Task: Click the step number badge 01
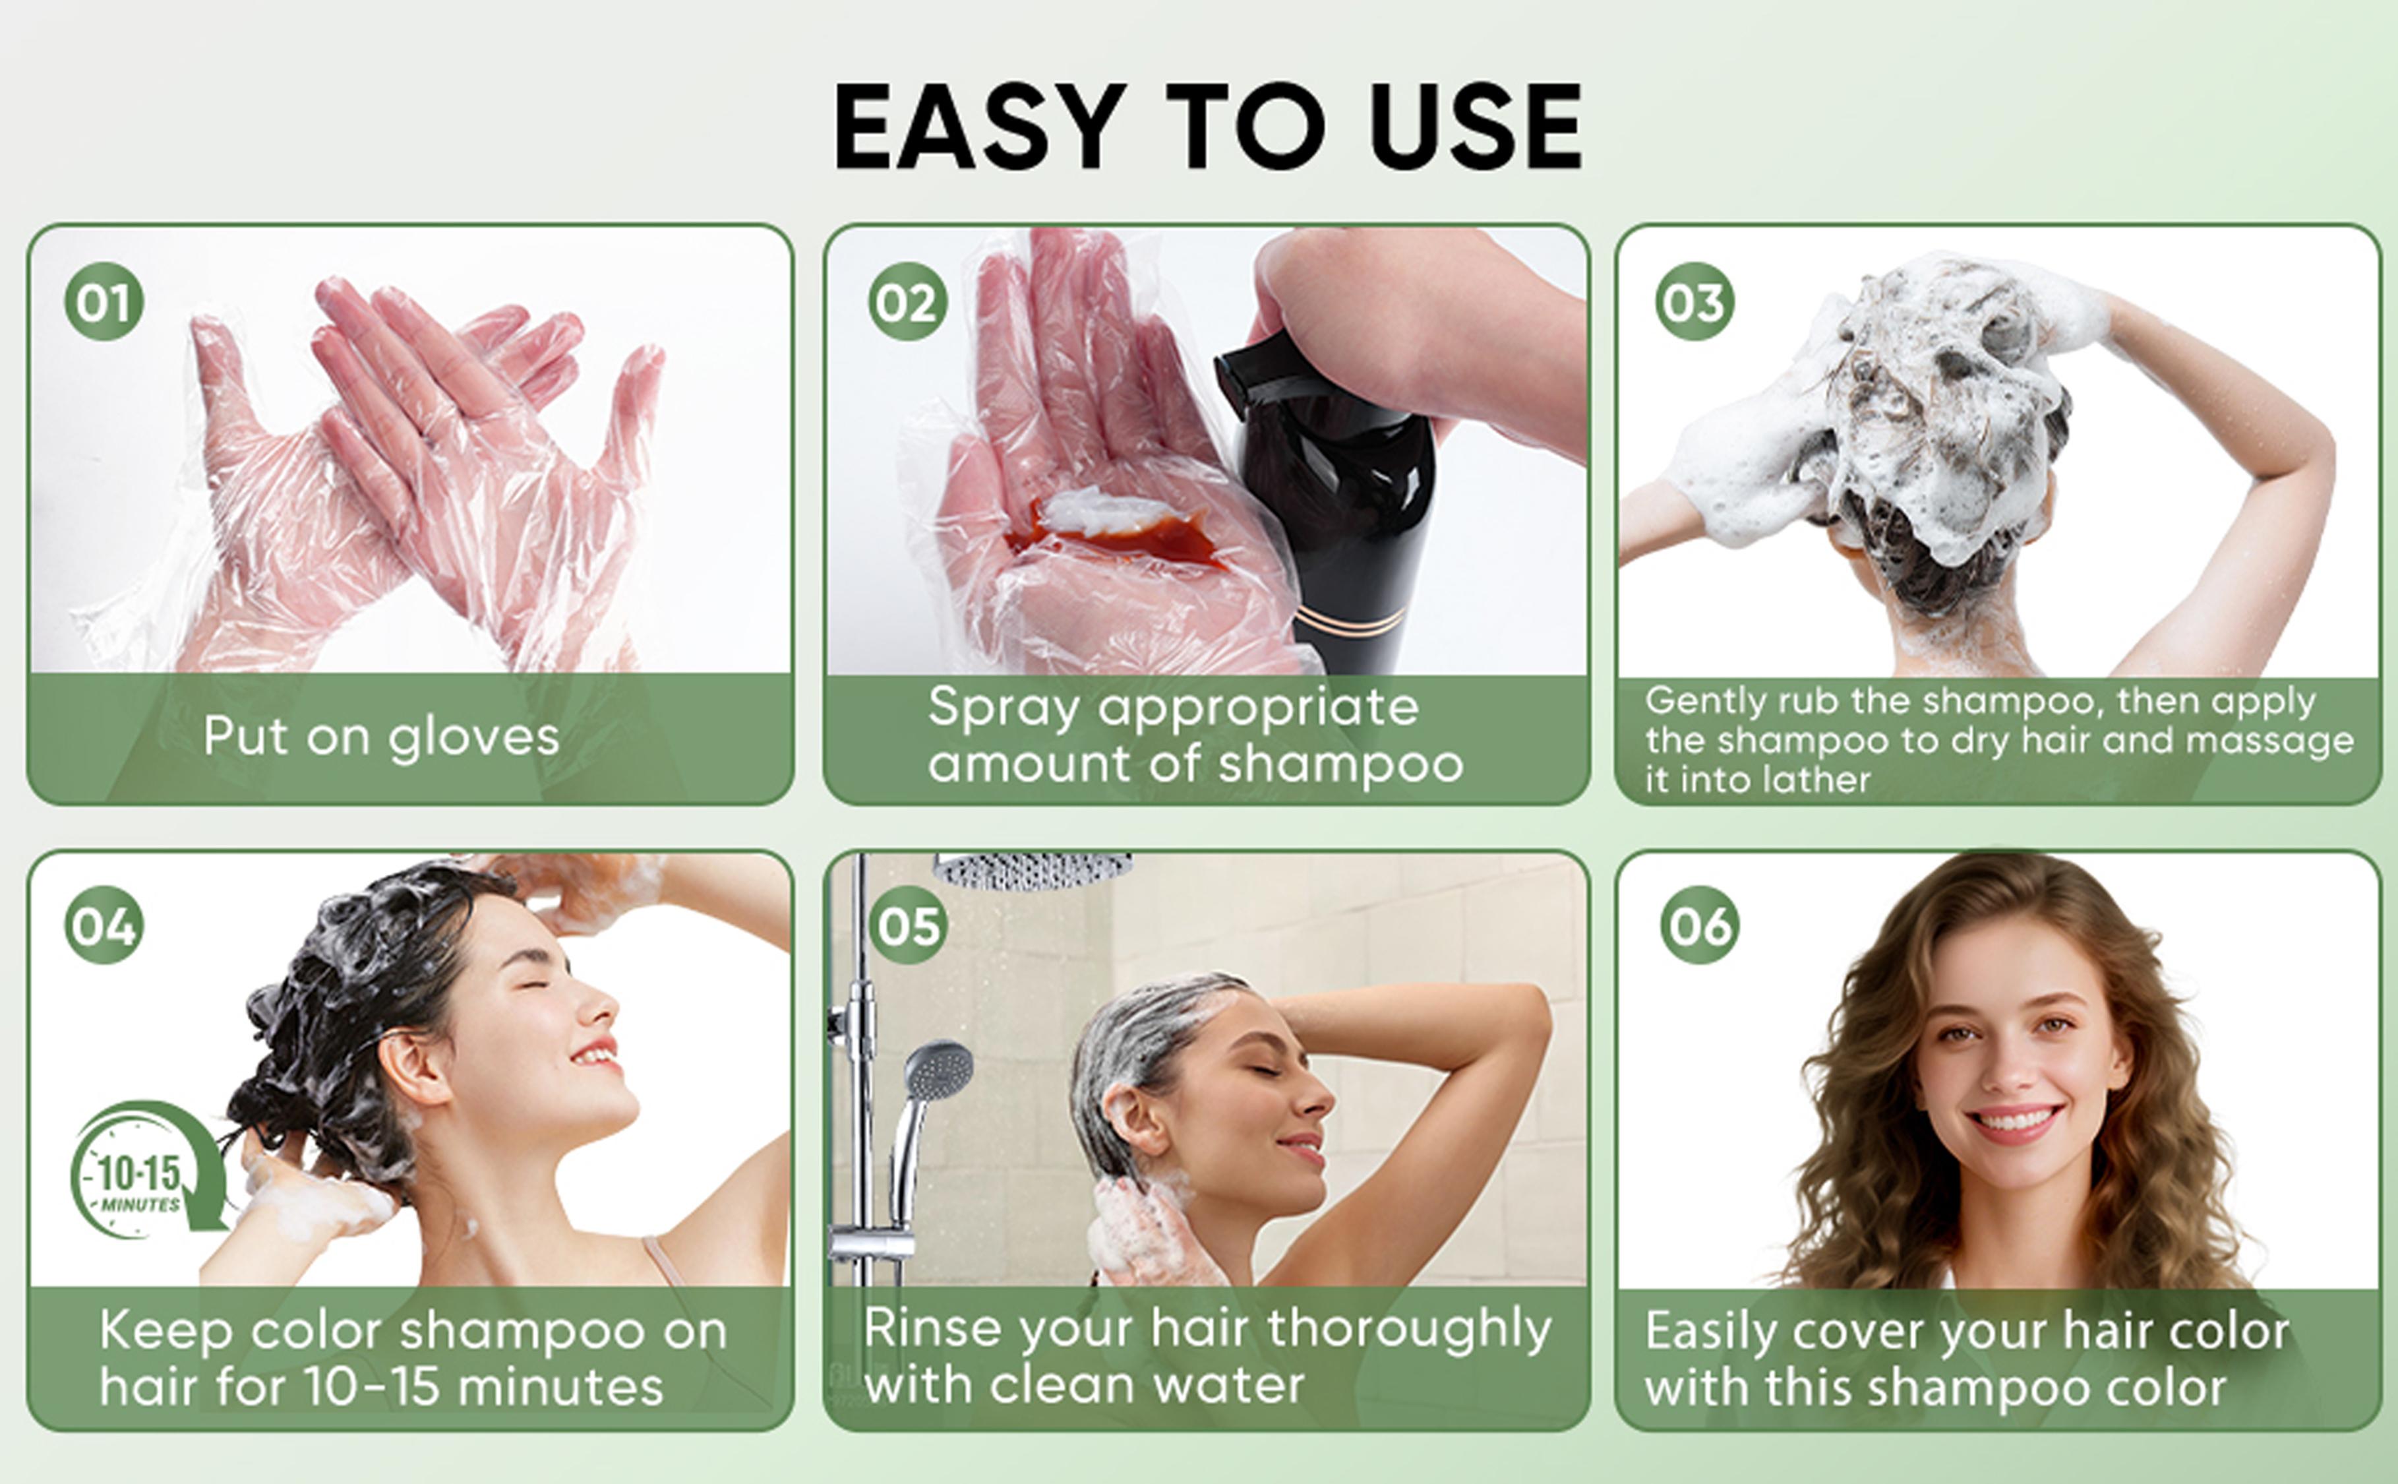[x=104, y=301]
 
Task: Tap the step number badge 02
[x=908, y=301]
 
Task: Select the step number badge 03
[x=1694, y=301]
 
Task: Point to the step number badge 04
[x=104, y=925]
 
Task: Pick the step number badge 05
[x=908, y=925]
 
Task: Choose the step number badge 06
[x=1699, y=925]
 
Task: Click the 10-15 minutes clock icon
[x=147, y=1170]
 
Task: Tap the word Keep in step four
[x=165, y=1331]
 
